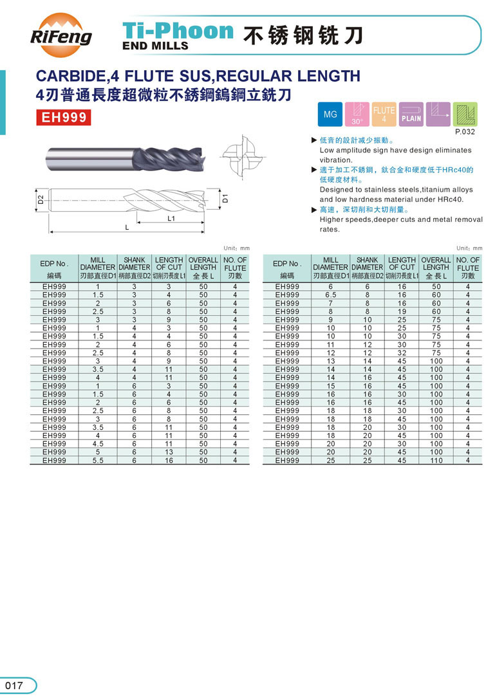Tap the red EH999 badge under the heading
(x=64, y=118)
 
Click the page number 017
(x=14, y=685)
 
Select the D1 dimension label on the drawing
(x=225, y=199)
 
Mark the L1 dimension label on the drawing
(x=171, y=219)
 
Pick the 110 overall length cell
(x=436, y=461)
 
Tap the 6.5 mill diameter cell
(x=330, y=295)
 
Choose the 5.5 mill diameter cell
(x=98, y=461)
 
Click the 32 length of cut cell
(x=402, y=353)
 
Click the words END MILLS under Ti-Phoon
(x=155, y=46)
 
